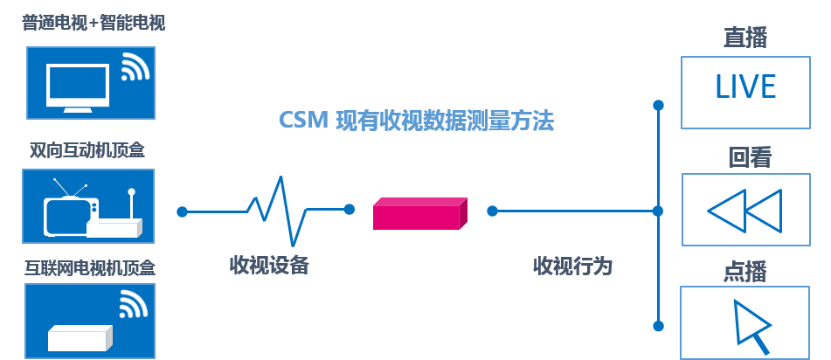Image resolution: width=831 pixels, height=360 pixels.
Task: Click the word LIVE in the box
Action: pos(745,87)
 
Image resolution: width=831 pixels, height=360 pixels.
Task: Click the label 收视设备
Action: pos(269,265)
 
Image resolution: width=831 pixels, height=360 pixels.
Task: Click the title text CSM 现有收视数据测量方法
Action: pos(416,121)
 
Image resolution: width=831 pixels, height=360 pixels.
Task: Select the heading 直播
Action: pos(745,38)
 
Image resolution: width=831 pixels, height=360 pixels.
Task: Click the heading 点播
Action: pos(745,272)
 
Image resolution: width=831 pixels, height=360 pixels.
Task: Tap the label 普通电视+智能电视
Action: pos(93,23)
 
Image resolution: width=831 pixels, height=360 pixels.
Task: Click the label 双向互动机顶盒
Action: pos(87,150)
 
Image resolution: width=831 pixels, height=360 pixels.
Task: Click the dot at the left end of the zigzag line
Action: pos(182,211)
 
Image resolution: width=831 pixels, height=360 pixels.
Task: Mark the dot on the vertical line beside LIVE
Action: pos(659,105)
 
